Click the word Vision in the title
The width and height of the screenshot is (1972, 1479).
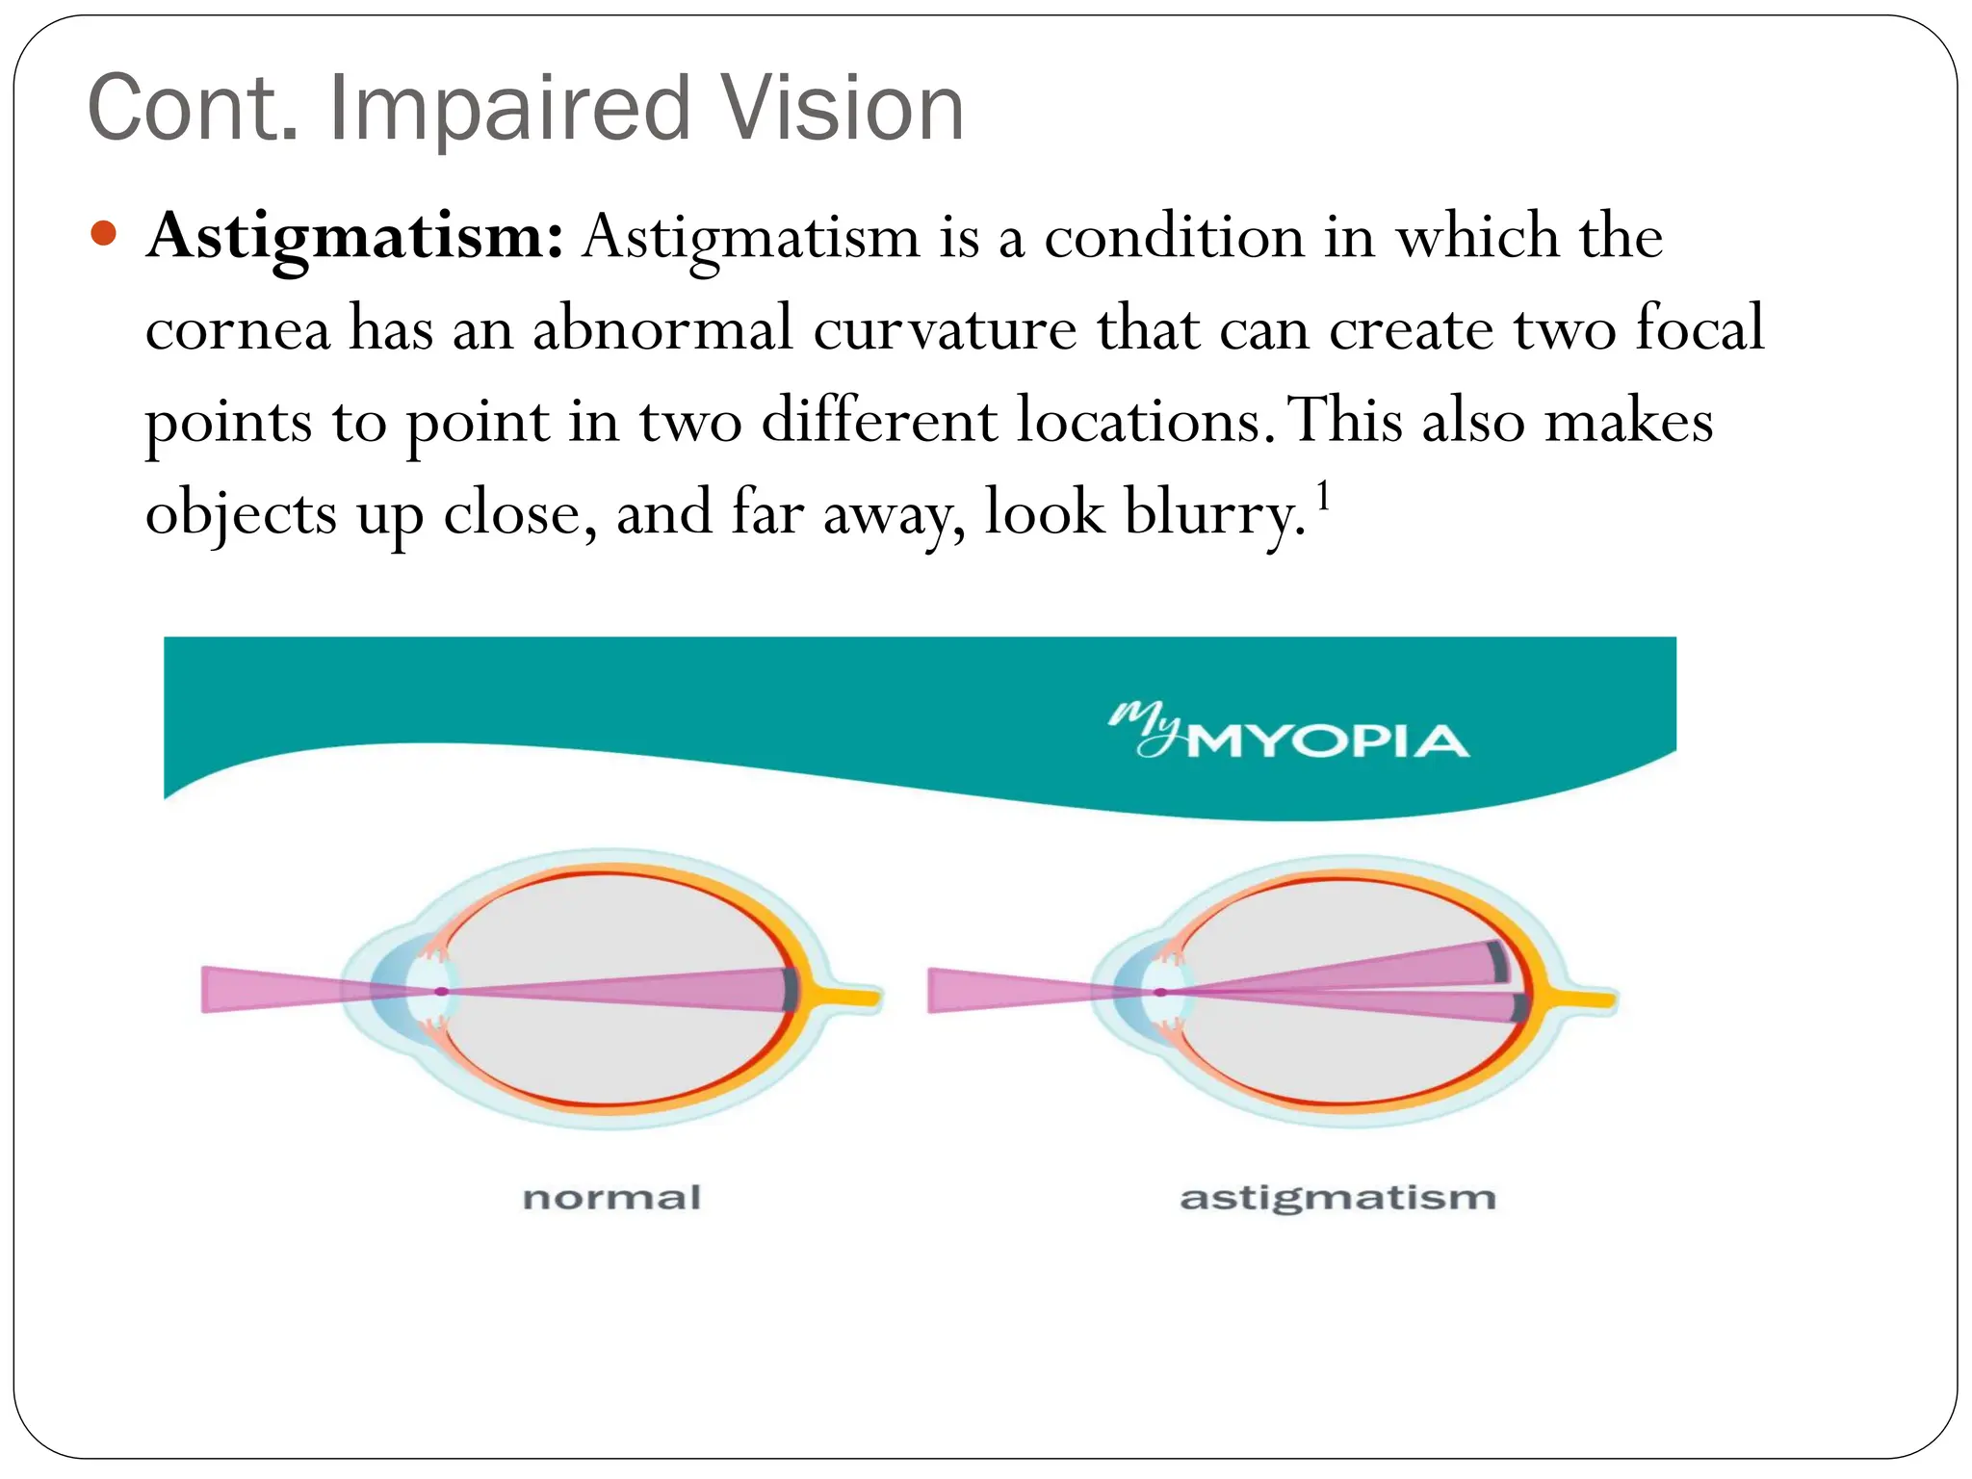[843, 108]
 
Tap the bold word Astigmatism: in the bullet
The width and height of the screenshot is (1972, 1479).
[354, 237]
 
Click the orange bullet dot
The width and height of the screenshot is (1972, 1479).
[103, 234]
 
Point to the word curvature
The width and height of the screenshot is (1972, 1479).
[944, 329]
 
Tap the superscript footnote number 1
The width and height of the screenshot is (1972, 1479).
[1324, 497]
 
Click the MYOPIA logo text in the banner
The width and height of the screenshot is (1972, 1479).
[1327, 741]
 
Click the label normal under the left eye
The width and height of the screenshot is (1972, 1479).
[611, 1198]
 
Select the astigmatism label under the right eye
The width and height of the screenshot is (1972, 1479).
[1337, 1198]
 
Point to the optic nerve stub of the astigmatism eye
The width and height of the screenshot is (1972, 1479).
[1584, 999]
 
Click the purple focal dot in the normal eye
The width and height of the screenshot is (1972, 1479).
[441, 991]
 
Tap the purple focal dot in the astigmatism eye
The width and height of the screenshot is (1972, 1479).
[1161, 992]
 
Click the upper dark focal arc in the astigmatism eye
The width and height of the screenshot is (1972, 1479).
[1496, 960]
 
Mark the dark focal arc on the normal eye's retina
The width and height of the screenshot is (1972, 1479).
[791, 990]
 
